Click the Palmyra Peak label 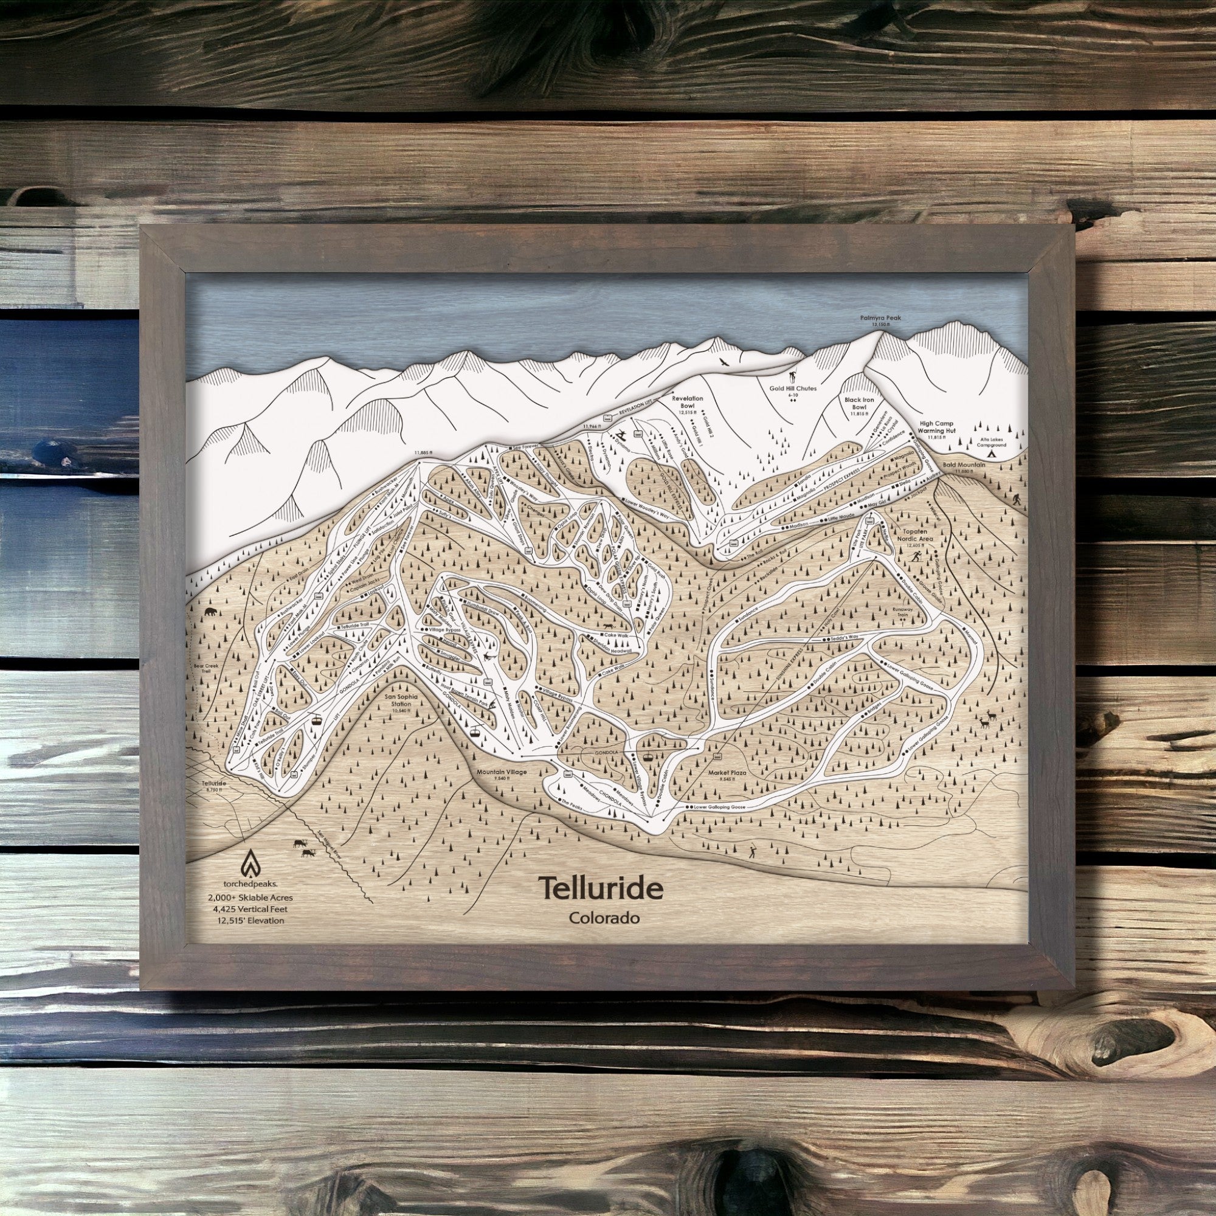pos(880,319)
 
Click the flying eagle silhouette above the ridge pos(724,361)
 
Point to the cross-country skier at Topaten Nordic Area pos(920,557)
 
